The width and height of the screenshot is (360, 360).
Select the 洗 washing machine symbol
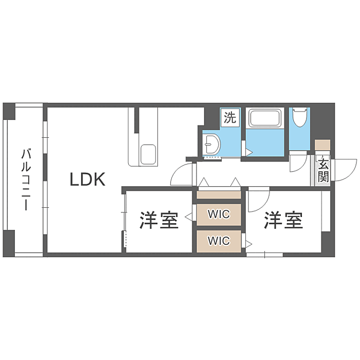(x=230, y=118)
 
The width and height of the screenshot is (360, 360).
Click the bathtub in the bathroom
(x=264, y=119)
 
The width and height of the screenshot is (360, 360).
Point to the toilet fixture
(x=299, y=118)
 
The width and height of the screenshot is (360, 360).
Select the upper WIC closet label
(x=218, y=213)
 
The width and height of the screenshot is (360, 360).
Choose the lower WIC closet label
(x=218, y=240)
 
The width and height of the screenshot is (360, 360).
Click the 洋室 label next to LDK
(x=159, y=221)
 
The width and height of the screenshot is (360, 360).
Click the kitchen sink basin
(x=148, y=153)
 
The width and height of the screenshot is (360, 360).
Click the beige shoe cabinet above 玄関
(x=323, y=145)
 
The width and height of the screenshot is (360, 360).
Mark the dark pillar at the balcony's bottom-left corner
(x=9, y=244)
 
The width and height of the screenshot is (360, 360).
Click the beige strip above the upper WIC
(x=219, y=195)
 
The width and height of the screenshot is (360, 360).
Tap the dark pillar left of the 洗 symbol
(x=211, y=118)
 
